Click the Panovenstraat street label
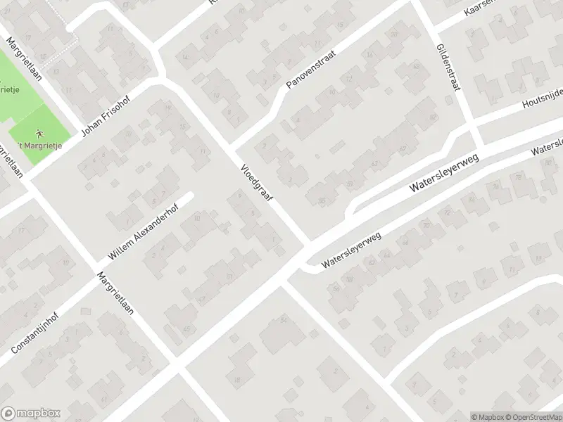point(312,68)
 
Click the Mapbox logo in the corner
point(31,414)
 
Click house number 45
point(167,329)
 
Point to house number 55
point(322,201)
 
